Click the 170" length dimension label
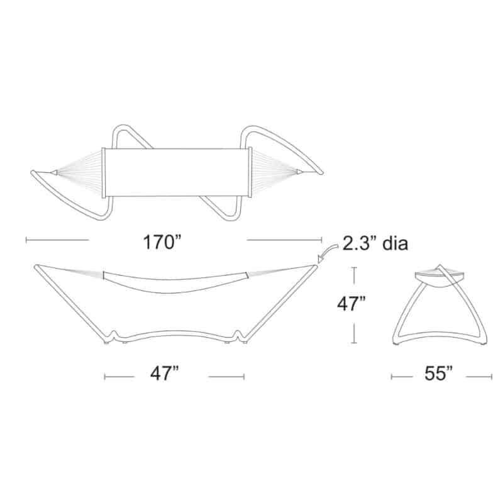tap(162, 242)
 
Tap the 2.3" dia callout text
tap(375, 243)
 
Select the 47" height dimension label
tap(351, 304)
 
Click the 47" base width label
tap(165, 373)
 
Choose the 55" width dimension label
tap(438, 373)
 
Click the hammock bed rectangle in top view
tap(177, 172)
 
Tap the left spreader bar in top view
tap(103, 172)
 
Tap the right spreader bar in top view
tap(250, 172)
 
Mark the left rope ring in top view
tap(55, 172)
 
